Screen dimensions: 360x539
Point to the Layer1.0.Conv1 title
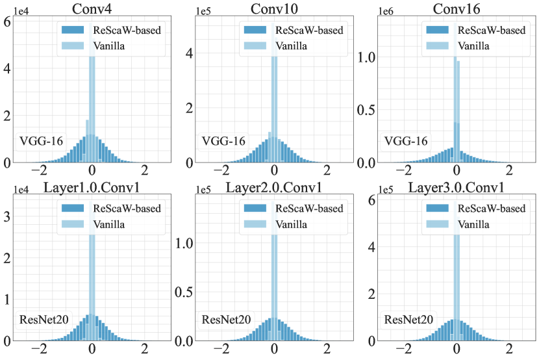(x=92, y=188)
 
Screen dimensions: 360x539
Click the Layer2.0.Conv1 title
(x=274, y=188)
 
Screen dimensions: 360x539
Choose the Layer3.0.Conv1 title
(x=457, y=188)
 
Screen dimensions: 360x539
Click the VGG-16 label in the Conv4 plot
(x=41, y=140)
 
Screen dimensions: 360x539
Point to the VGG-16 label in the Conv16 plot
(x=407, y=140)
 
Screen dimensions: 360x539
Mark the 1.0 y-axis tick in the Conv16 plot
(x=367, y=57)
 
